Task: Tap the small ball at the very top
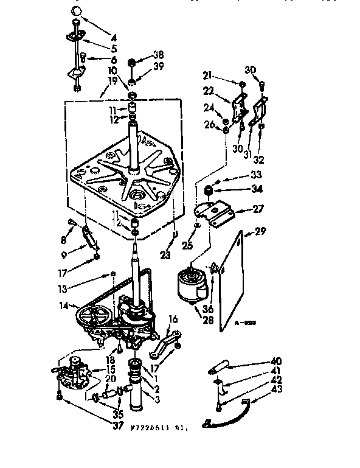[76, 12]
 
